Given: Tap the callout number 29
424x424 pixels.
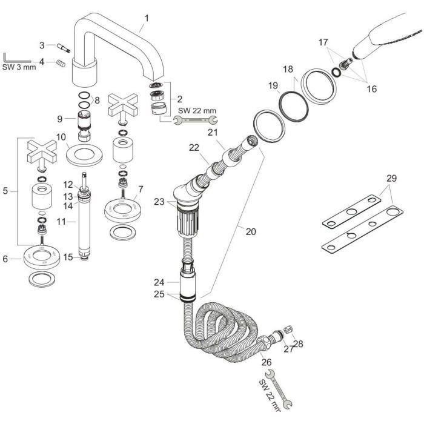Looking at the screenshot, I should tap(392, 179).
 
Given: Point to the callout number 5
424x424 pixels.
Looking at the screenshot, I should tap(5, 192).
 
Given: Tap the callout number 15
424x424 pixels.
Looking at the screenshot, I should tap(68, 257).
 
